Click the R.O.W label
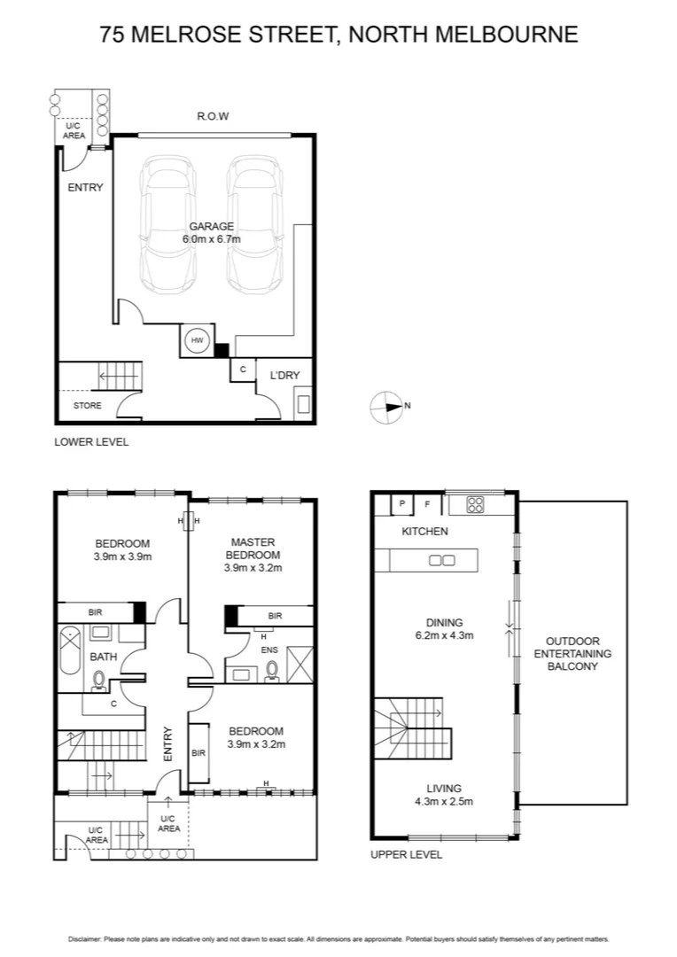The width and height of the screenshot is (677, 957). (214, 116)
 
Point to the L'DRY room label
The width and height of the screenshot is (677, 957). (284, 376)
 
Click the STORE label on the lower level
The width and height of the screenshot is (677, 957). (87, 406)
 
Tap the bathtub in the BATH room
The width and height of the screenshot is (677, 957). (69, 657)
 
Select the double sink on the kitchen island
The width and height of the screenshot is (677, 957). (441, 560)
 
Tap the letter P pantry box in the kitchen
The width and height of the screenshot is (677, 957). (402, 504)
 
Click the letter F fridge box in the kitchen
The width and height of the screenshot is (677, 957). (427, 504)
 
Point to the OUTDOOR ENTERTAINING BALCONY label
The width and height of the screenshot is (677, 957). (572, 653)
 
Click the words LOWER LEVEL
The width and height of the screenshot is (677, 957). (91, 441)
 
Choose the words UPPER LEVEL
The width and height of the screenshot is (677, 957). (406, 855)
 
